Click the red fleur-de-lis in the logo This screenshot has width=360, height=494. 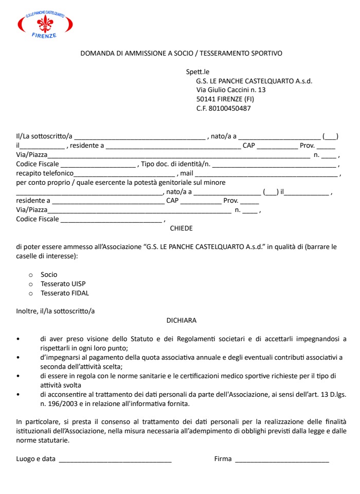pos(45,23)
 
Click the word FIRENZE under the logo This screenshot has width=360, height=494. pos(45,36)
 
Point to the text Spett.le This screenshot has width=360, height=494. pos(197,72)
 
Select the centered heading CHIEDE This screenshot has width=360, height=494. pos(181,227)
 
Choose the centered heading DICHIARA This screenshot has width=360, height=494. pos(181,320)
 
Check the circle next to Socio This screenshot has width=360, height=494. pos(30,275)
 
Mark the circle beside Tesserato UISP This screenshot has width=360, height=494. pos(30,284)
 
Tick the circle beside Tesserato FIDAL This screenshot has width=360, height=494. pos(30,293)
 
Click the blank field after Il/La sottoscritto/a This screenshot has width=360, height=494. pos(139,137)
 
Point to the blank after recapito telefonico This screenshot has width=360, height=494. pos(125,174)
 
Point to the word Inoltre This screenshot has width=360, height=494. pos(27,311)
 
